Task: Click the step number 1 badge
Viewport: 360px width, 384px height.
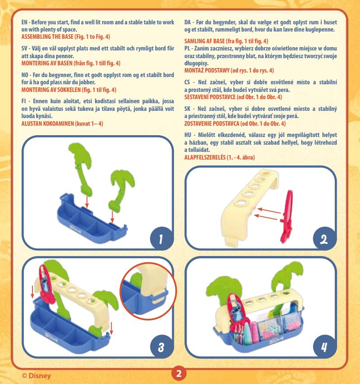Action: (x=161, y=239)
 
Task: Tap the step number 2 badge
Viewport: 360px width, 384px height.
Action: (x=324, y=239)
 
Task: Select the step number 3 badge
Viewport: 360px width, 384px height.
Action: (x=161, y=347)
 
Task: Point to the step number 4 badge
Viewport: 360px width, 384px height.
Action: (x=324, y=347)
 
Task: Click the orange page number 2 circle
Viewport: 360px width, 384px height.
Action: (x=179, y=373)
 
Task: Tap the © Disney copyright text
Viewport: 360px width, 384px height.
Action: (x=36, y=375)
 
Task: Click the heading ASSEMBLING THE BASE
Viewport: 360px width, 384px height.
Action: (x=47, y=37)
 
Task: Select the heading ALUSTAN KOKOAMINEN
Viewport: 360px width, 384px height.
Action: (x=47, y=123)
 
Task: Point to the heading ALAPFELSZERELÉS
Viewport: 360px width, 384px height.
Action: (x=205, y=157)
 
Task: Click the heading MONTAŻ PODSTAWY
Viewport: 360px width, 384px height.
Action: (x=207, y=70)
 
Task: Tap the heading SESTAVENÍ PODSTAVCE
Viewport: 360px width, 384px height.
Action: (x=210, y=97)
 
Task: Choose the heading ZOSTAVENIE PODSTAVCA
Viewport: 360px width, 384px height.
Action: (x=212, y=123)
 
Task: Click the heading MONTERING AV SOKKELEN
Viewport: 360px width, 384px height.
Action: (x=51, y=90)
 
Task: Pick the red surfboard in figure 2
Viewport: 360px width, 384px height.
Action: (x=287, y=217)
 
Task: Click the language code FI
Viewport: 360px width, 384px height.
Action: (x=23, y=101)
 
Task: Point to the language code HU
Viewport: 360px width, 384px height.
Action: (x=187, y=135)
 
